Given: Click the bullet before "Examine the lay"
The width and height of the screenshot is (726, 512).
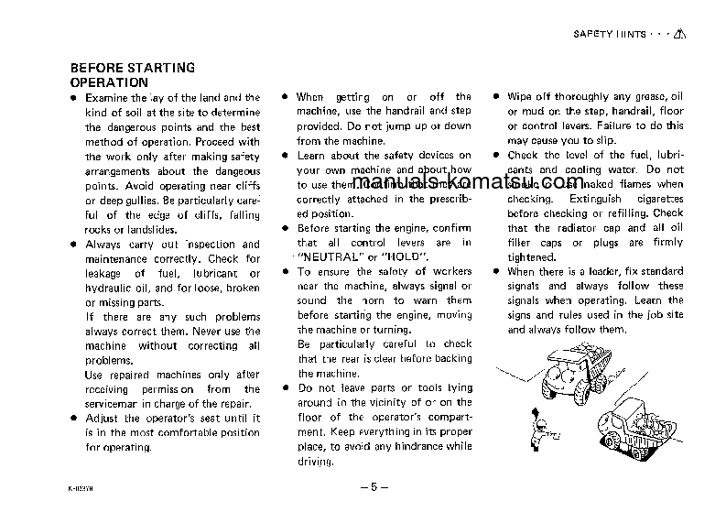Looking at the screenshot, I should (74, 97).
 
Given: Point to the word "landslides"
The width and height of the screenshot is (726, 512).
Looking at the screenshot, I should (144, 229).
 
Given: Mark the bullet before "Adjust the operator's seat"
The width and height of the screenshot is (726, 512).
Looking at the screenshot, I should (74, 418).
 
